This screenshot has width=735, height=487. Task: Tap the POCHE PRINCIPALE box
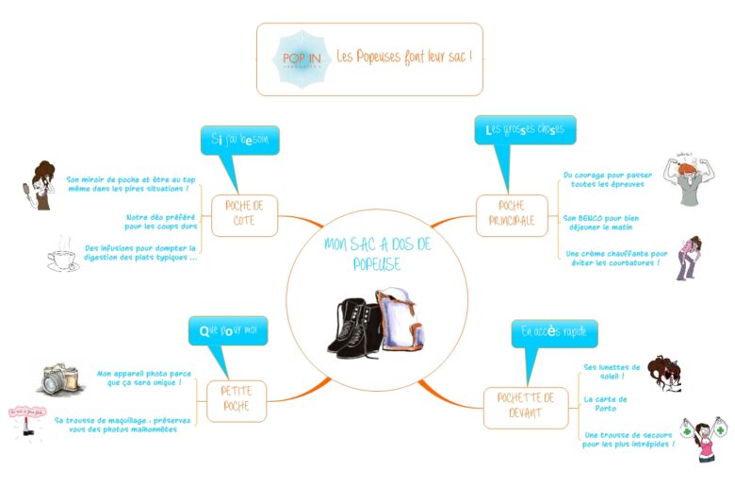[x=512, y=215]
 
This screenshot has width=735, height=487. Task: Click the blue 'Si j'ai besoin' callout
[x=239, y=140]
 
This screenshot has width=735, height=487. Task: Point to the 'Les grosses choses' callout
[x=525, y=130]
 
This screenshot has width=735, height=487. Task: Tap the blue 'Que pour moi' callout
[x=228, y=331]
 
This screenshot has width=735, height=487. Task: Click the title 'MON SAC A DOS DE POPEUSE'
[x=376, y=254]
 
